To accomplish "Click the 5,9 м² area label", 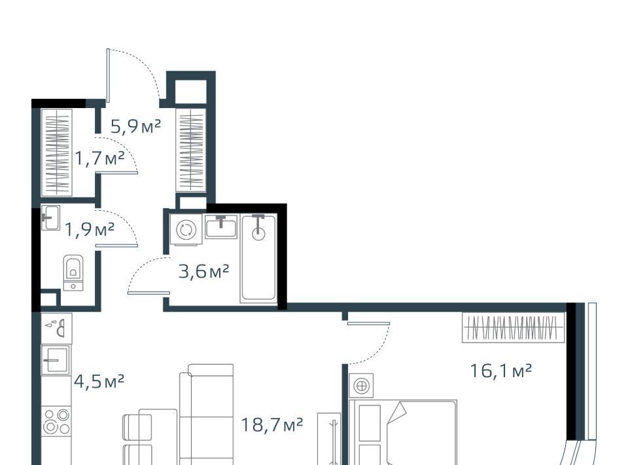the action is [135, 126].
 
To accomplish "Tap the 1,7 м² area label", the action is [99, 158].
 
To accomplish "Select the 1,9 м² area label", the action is [90, 230].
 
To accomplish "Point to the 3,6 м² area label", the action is [203, 271].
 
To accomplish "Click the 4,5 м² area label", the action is [99, 381].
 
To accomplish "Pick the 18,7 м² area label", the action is [272, 424].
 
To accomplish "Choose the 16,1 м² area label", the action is [500, 371].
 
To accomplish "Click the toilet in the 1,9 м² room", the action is [73, 272].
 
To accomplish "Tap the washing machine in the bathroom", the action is [186, 230].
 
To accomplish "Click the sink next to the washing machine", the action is [221, 227].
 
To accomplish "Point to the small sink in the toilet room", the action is [50, 217].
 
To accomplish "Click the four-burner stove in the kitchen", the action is [56, 421].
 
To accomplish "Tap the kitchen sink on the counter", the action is [56, 359].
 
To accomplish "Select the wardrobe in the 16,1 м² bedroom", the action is [513, 327].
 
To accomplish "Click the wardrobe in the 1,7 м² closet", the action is [57, 153].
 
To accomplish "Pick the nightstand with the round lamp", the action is [361, 386].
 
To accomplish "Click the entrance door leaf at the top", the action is [108, 75].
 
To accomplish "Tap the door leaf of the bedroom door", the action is [368, 323].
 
